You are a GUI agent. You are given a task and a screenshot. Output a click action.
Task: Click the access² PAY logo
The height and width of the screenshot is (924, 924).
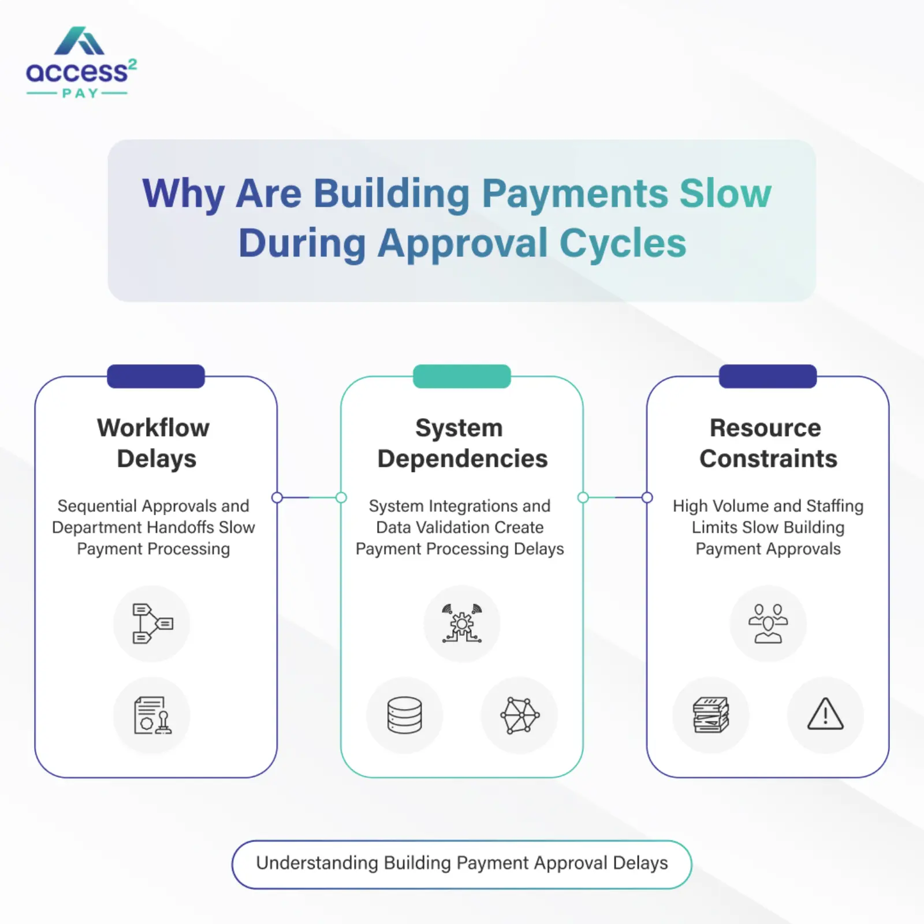(x=81, y=63)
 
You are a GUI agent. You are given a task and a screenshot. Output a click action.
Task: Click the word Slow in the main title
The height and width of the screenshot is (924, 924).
(x=725, y=193)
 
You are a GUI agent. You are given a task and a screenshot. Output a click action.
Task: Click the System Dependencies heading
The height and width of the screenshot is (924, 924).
(x=461, y=443)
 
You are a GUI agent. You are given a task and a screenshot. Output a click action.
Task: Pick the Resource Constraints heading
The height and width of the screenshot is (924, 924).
(x=767, y=443)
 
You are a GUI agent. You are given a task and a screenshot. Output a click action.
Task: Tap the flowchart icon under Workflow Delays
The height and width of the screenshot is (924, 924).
(x=152, y=624)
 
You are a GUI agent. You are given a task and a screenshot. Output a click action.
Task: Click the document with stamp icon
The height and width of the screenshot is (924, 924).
(x=152, y=715)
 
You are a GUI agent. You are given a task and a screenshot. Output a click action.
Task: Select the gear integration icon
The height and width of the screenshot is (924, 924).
(x=461, y=624)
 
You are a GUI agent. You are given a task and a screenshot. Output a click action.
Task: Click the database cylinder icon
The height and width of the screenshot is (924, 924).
(x=404, y=715)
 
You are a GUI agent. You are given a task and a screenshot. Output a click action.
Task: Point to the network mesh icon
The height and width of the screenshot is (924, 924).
(x=519, y=715)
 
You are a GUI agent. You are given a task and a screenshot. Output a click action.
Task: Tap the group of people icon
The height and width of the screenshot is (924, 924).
(x=767, y=624)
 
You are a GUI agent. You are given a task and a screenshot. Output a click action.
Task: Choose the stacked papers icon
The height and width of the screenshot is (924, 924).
(x=710, y=715)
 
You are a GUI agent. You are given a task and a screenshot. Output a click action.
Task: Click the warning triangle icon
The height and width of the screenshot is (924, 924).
(x=825, y=715)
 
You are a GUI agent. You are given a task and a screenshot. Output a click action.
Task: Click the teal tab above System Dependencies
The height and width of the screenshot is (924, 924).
(x=461, y=377)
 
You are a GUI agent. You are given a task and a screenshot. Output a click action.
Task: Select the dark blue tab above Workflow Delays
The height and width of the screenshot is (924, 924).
(x=156, y=377)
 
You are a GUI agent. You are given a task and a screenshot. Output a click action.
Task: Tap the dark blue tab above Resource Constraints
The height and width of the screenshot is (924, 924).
(x=767, y=377)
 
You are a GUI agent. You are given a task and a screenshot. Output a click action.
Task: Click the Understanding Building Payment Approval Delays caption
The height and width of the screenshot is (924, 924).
(x=461, y=863)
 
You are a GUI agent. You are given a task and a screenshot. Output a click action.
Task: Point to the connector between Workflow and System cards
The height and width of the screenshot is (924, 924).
(x=309, y=497)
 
